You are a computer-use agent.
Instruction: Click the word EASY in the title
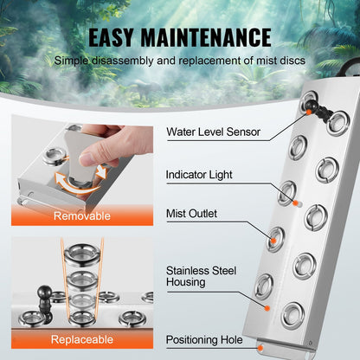click(121, 37)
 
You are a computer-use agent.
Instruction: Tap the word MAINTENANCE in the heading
click(214, 37)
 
